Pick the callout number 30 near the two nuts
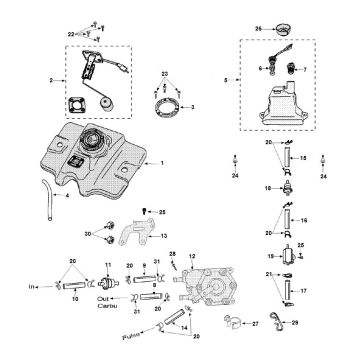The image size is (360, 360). (89, 234)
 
